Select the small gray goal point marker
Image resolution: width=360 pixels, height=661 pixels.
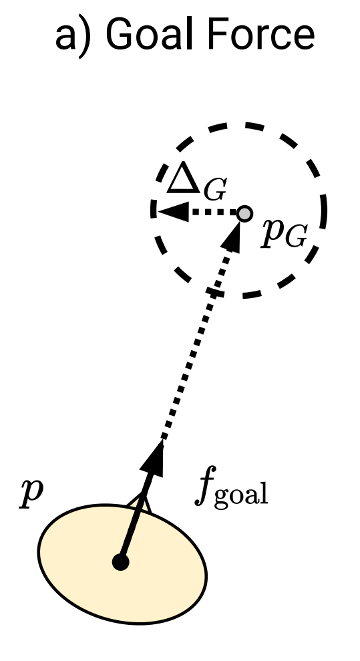click(x=245, y=213)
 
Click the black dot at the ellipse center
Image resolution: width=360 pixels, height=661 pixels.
click(x=120, y=562)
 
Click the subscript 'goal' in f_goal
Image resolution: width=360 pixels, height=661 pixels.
click(x=244, y=497)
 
